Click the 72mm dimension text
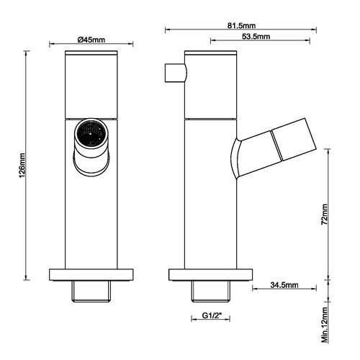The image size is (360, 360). point(325,214)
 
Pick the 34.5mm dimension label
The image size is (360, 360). point(284,285)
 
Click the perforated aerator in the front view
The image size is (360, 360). point(90,133)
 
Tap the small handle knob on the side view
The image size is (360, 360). point(175,73)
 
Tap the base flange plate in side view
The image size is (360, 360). point(210,274)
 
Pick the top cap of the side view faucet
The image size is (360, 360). point(210,55)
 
